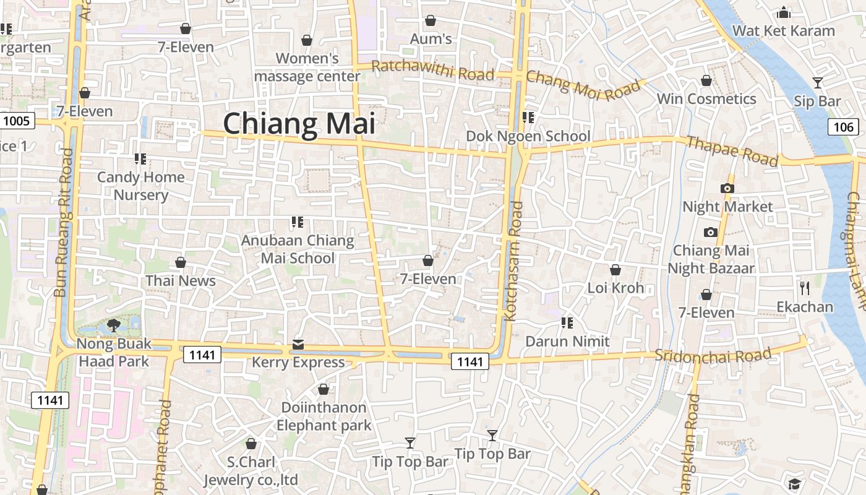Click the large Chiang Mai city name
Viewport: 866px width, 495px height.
pyautogui.click(x=299, y=123)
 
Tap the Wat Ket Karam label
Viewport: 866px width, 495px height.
pyautogui.click(x=783, y=30)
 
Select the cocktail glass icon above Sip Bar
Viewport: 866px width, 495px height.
pyautogui.click(x=817, y=82)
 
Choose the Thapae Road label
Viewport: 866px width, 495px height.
pyautogui.click(x=732, y=151)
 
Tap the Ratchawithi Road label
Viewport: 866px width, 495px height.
pyautogui.click(x=433, y=71)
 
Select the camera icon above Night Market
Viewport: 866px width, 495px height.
pyautogui.click(x=727, y=188)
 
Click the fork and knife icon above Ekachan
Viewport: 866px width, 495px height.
pyautogui.click(x=804, y=288)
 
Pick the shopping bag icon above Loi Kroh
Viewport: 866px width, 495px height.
pyautogui.click(x=615, y=270)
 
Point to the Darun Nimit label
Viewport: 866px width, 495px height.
pyautogui.click(x=567, y=341)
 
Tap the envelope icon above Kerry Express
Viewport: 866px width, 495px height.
pyautogui.click(x=298, y=344)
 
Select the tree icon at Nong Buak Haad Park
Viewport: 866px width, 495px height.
pyautogui.click(x=113, y=324)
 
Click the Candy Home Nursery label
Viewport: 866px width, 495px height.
pyautogui.click(x=141, y=186)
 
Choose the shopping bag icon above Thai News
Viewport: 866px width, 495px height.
pyautogui.click(x=181, y=262)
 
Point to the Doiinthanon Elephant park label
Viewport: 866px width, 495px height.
pyautogui.click(x=324, y=416)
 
